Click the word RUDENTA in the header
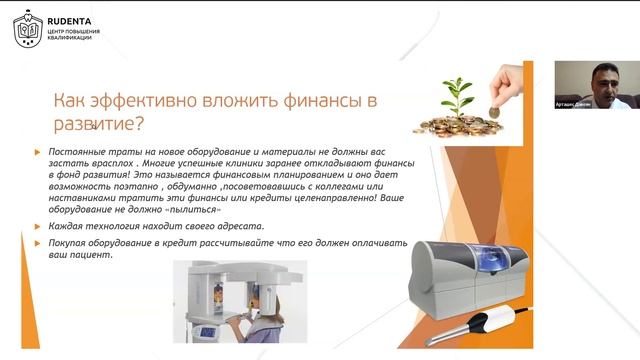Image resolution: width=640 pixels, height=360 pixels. [73, 16]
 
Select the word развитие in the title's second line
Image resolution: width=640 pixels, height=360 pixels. [89, 125]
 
